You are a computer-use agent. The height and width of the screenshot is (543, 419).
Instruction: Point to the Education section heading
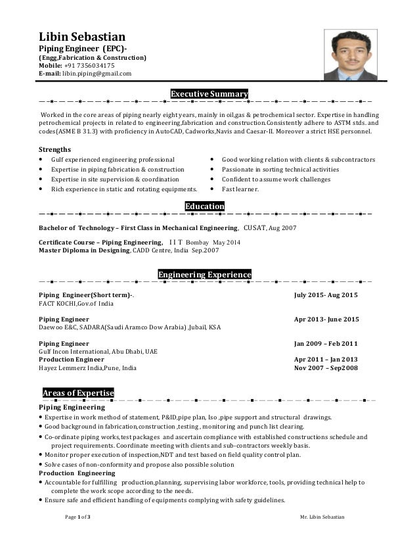(x=205, y=206)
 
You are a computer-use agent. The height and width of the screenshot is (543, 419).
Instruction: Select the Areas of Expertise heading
(x=78, y=393)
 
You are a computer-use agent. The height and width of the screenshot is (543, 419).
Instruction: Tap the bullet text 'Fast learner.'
(x=240, y=189)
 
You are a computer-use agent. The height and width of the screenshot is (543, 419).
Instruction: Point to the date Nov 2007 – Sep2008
(x=326, y=368)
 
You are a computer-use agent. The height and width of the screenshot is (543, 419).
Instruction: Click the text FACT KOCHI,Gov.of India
(x=76, y=304)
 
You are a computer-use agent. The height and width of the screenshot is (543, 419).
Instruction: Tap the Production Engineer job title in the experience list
(x=72, y=360)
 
